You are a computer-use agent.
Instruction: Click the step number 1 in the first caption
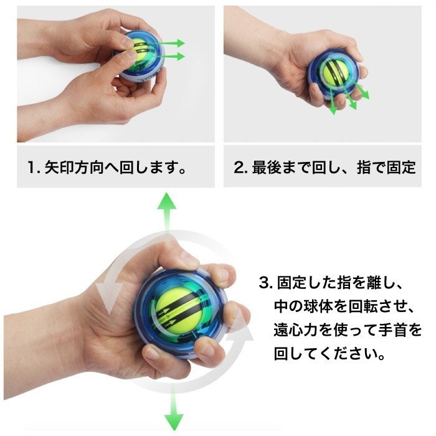31,169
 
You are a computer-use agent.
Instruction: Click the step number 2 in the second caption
238,169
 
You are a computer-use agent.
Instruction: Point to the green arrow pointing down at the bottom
169,414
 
